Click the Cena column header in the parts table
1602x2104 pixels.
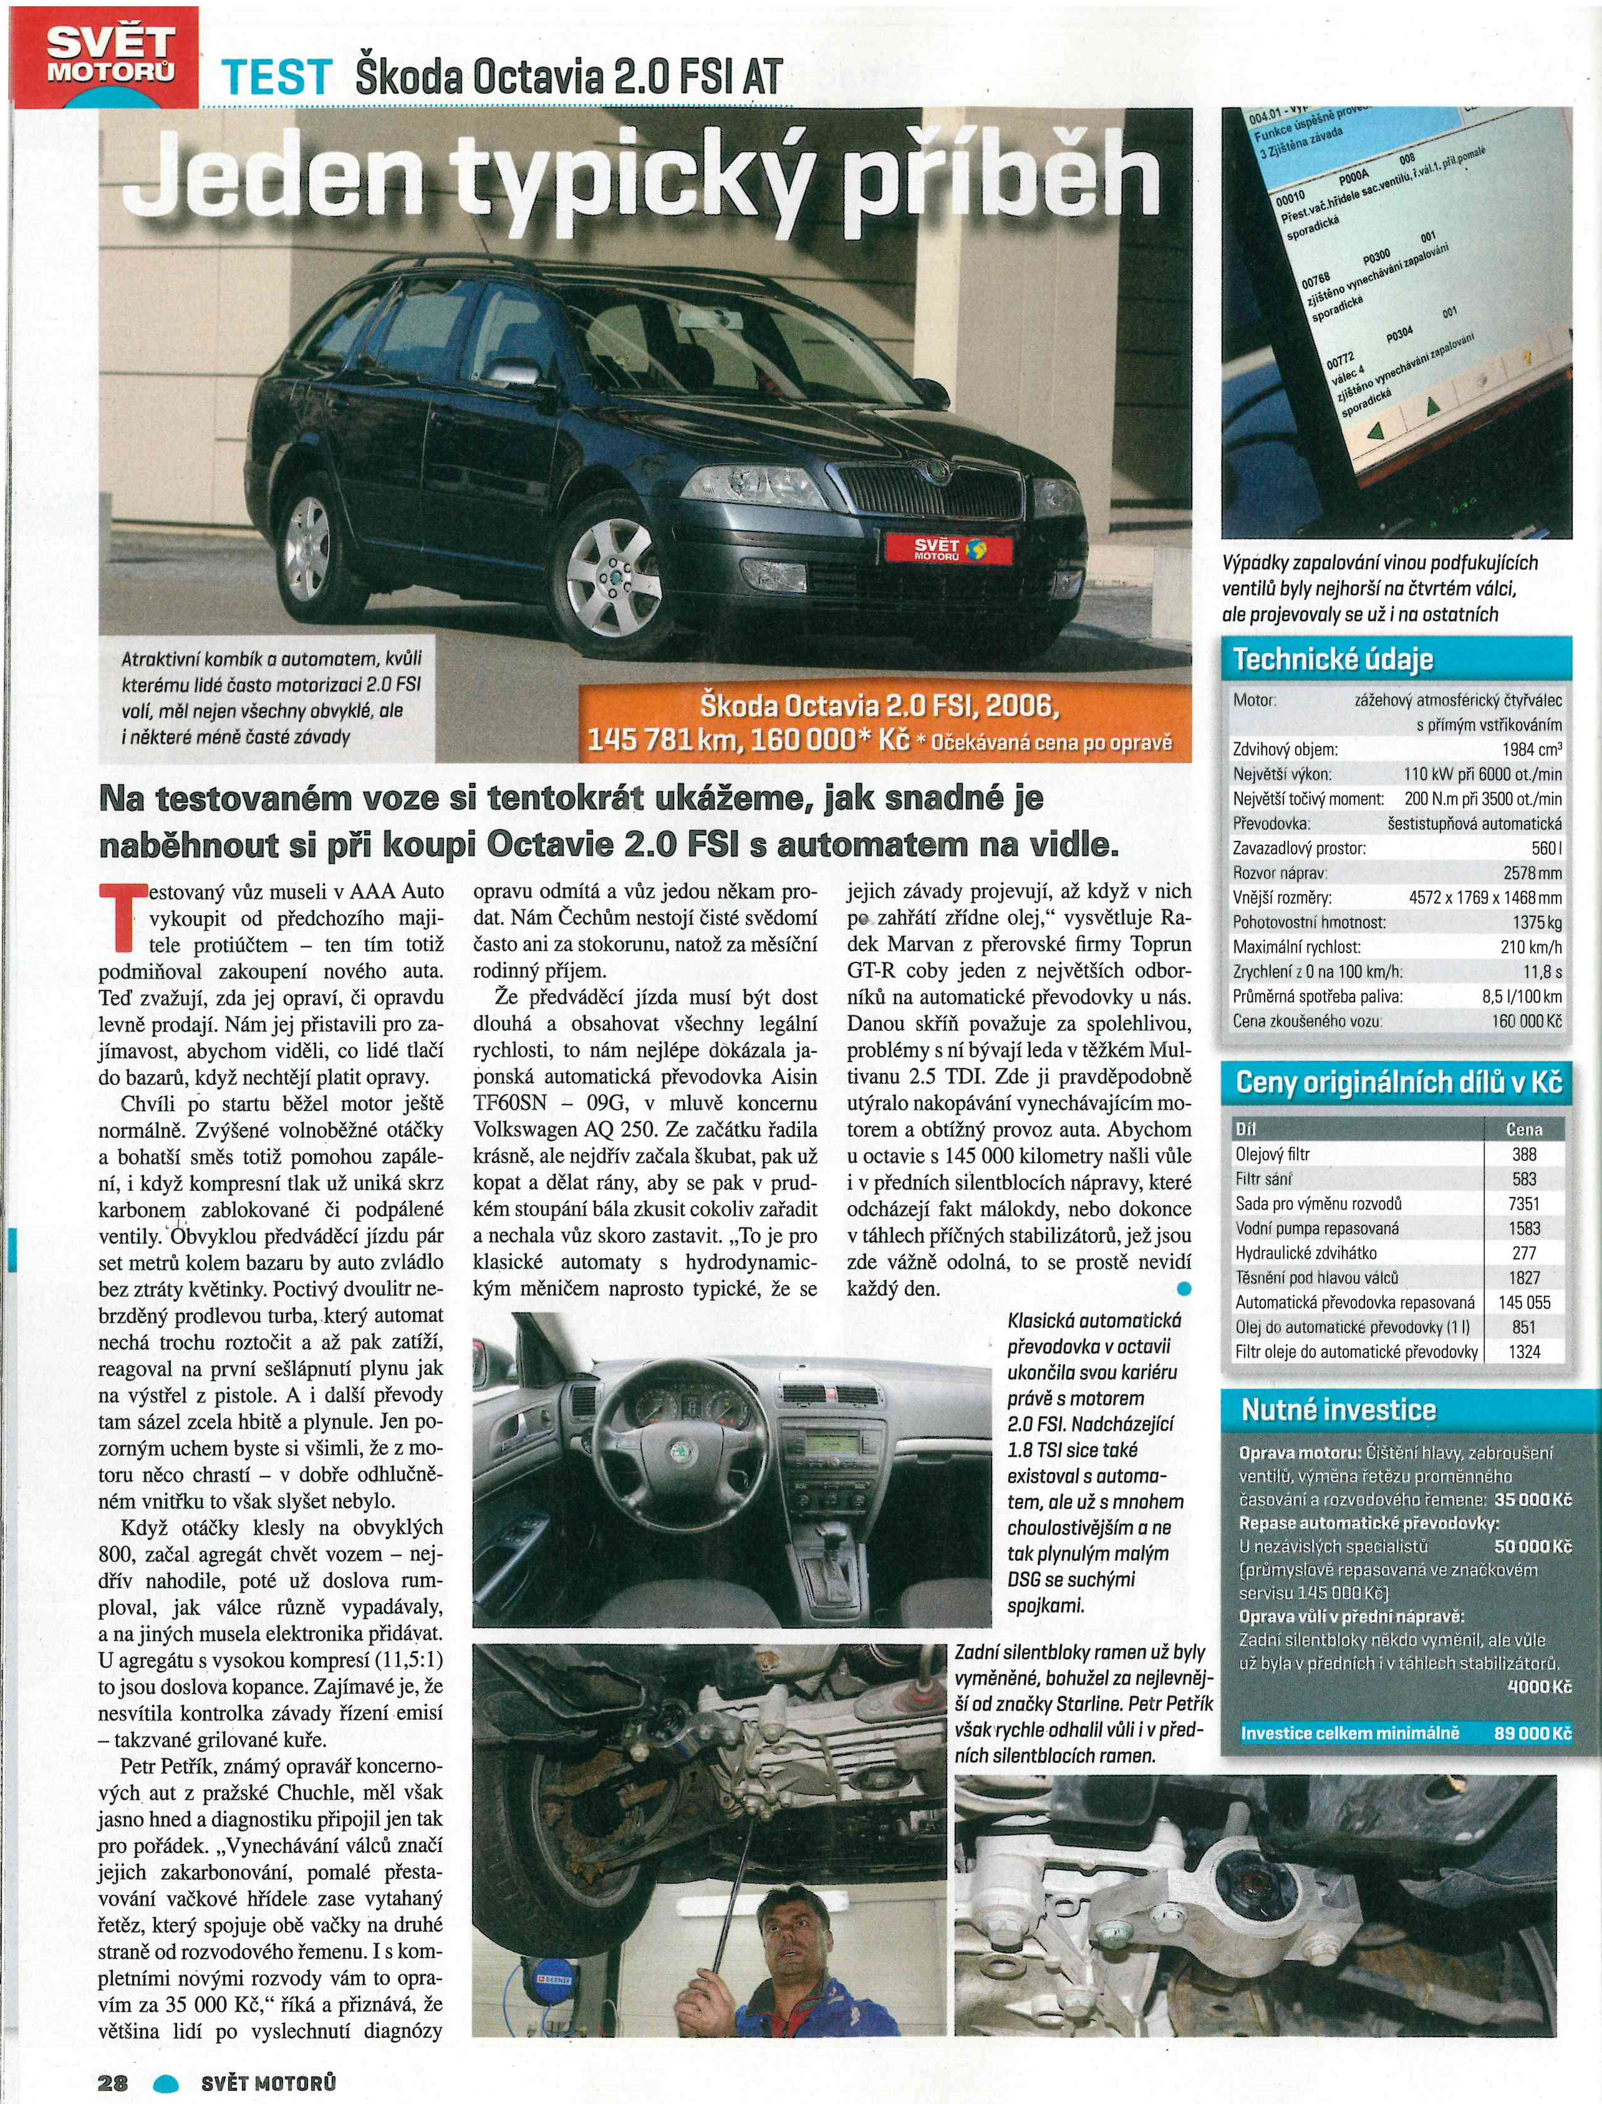(1524, 1129)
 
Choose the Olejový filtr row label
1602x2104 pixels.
(1272, 1154)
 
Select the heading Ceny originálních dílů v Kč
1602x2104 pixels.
(1400, 1084)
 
